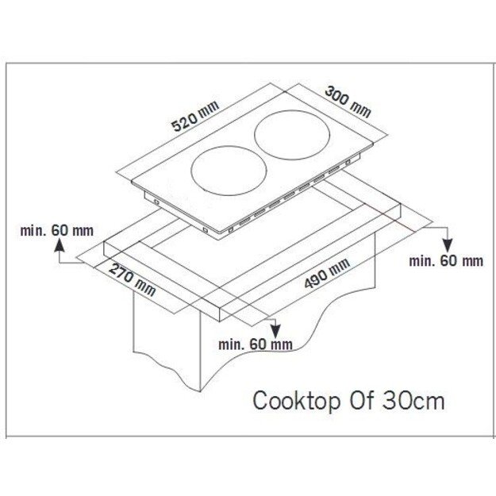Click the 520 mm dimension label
point(195,116)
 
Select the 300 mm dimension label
point(348,102)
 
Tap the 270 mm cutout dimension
point(133,280)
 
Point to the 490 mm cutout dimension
point(327,273)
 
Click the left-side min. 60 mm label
point(57,231)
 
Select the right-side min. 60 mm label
point(446,261)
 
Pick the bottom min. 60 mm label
point(256,344)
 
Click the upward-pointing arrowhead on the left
point(60,245)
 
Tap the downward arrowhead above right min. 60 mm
point(448,245)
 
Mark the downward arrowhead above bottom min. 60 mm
point(275,331)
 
